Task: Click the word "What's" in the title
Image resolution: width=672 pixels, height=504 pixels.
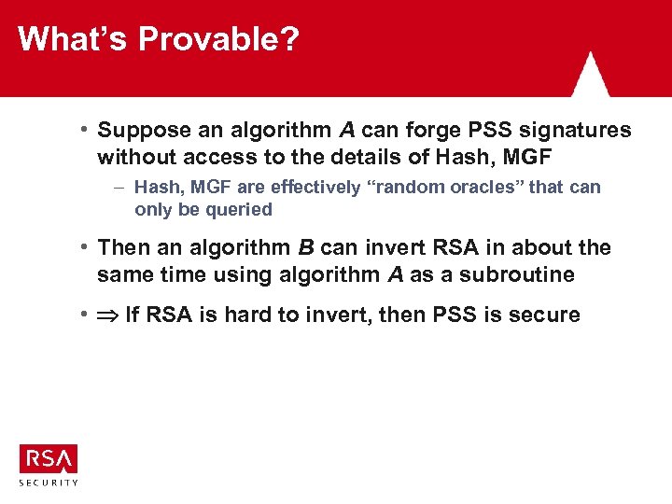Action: [73, 39]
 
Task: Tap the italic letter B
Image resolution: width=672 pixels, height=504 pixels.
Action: [305, 248]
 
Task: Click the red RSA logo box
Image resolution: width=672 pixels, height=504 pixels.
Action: [49, 458]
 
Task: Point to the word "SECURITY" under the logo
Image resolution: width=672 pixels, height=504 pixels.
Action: [49, 483]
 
